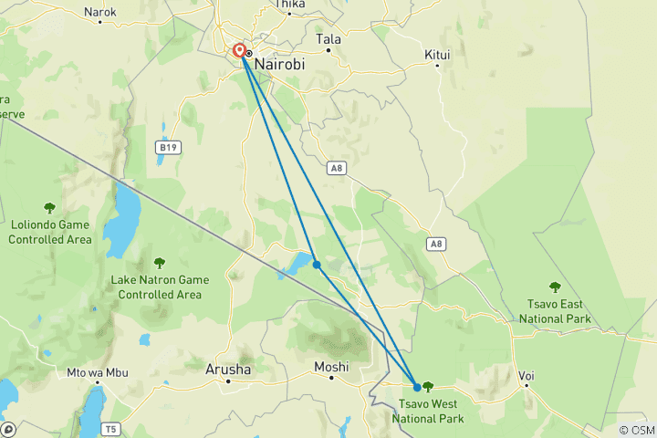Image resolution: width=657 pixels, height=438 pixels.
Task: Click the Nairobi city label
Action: (x=283, y=66)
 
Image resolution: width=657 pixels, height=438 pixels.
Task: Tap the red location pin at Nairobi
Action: (x=239, y=52)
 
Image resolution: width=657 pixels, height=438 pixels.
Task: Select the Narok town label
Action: (x=99, y=12)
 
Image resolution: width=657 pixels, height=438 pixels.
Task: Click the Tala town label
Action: (x=328, y=39)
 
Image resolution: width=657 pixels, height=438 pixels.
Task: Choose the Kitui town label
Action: (x=437, y=55)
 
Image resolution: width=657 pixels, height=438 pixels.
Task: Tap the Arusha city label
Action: (x=227, y=369)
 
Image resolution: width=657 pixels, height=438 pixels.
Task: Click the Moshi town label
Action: (x=331, y=367)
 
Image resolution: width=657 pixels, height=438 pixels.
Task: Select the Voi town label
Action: (x=527, y=375)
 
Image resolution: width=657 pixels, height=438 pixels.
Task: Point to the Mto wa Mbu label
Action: (x=98, y=373)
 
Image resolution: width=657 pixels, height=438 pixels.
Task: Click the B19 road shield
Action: (x=166, y=146)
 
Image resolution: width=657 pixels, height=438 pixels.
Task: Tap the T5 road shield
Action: (x=111, y=429)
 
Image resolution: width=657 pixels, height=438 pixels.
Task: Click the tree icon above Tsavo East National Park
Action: (x=554, y=287)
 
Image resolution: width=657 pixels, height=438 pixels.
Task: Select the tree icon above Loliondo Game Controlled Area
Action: (x=49, y=208)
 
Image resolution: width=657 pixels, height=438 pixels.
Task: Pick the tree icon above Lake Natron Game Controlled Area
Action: (x=160, y=263)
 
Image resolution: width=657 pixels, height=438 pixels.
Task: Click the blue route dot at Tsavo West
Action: (x=417, y=387)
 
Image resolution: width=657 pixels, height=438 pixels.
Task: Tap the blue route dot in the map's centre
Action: (x=316, y=265)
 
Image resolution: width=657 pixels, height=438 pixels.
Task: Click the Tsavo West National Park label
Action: (x=428, y=412)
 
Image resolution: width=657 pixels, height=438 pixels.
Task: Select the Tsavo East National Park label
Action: (x=554, y=311)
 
